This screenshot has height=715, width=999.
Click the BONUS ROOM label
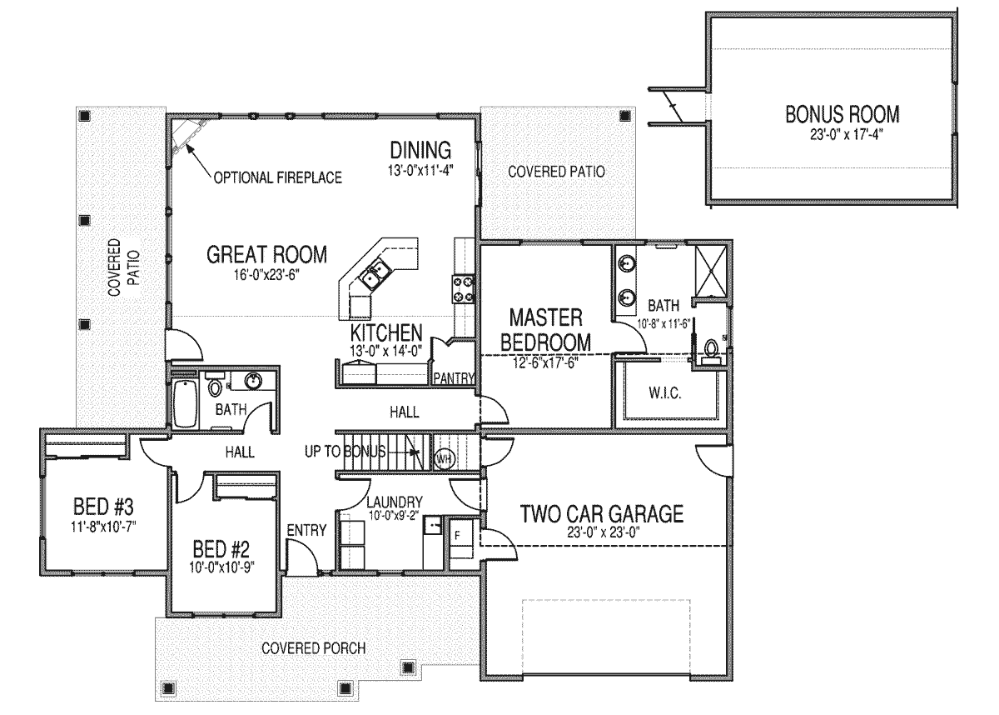(x=842, y=114)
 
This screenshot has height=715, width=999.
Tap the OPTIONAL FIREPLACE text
(x=277, y=177)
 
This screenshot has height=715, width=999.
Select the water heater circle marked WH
(x=443, y=458)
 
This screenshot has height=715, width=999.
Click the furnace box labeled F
(x=460, y=537)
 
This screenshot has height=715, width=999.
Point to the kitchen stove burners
(x=463, y=289)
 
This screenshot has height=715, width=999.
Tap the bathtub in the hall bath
(x=185, y=404)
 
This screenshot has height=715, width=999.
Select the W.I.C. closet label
(x=664, y=393)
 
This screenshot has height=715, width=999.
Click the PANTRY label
(x=454, y=378)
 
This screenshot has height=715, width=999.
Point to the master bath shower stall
(x=710, y=271)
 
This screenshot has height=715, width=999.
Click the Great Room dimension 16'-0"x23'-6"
(x=266, y=275)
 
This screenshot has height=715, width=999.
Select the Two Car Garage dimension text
(x=604, y=532)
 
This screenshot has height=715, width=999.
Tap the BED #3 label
(x=103, y=507)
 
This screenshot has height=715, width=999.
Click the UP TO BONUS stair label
(x=345, y=452)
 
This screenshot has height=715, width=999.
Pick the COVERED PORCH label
(x=314, y=648)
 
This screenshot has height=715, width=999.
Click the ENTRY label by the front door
(x=306, y=530)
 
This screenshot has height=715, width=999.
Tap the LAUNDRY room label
(x=395, y=502)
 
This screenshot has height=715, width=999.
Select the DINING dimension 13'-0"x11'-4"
(x=420, y=170)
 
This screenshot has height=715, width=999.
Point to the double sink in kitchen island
(x=375, y=274)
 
